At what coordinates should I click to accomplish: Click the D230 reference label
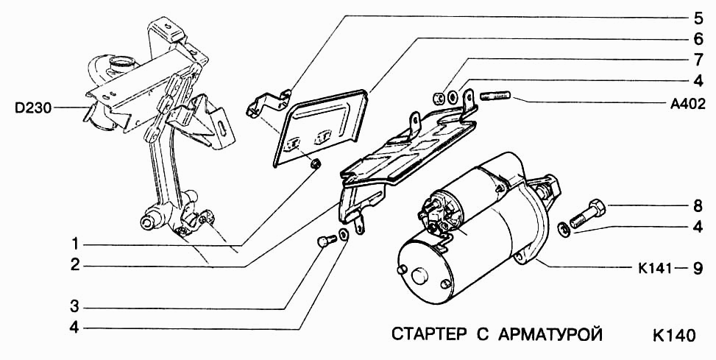pos(32,108)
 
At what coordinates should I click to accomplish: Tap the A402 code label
pos(689,104)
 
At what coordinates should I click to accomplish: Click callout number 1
pos(75,244)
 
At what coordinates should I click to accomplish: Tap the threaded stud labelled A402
pos(497,96)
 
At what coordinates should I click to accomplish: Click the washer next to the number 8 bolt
pos(564,230)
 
